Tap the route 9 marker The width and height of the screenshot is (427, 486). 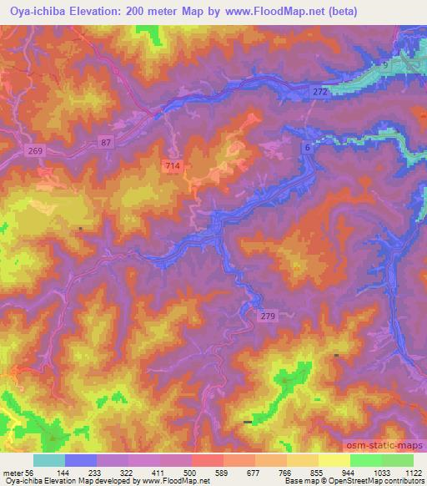click(386, 64)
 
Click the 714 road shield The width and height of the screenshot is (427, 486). click(173, 167)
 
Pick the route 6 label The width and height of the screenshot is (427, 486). click(307, 147)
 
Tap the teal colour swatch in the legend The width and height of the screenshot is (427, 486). click(48, 460)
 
